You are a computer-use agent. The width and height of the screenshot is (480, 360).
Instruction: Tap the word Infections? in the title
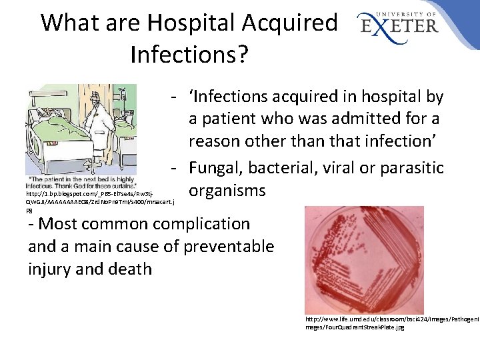click(x=190, y=53)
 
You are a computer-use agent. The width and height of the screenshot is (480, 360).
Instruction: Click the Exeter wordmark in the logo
click(x=400, y=26)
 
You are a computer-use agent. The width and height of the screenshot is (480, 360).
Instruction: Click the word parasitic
click(x=415, y=167)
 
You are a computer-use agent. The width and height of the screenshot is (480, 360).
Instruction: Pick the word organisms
click(x=227, y=191)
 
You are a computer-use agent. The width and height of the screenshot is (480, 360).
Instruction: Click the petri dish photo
click(x=363, y=260)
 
